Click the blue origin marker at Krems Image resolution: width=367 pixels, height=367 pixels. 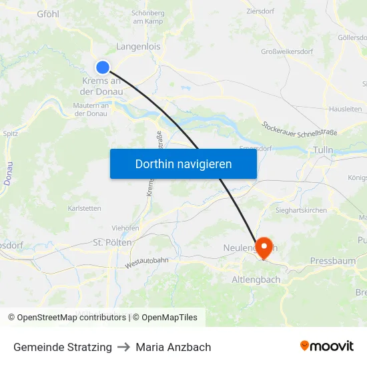click(103, 67)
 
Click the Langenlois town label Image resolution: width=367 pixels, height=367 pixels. click(138, 47)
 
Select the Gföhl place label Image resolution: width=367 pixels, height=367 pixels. click(48, 13)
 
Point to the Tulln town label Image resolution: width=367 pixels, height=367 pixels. click(323, 151)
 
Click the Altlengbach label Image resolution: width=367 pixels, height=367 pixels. click(256, 280)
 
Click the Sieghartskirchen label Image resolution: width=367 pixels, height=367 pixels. click(302, 210)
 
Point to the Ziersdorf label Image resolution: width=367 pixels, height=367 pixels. click(261, 11)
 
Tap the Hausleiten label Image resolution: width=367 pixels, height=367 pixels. click(346, 109)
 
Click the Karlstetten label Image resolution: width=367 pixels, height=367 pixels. click(85, 208)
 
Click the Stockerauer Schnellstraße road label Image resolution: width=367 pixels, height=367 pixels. click(300, 127)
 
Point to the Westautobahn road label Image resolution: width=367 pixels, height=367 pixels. click(146, 264)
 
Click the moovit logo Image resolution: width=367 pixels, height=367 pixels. click(326, 346)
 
